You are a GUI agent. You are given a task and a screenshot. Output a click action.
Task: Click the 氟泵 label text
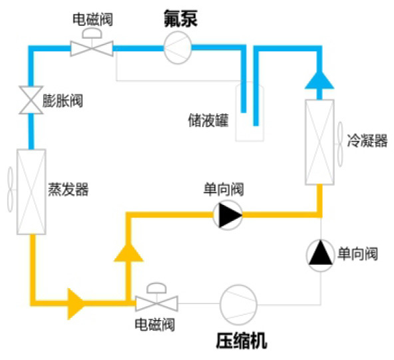pos(180,19)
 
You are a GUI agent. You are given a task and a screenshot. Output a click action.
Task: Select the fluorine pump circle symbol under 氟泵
pos(178,47)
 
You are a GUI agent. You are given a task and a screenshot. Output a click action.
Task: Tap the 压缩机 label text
pos(242,341)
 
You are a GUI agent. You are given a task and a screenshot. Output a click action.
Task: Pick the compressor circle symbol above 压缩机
pos(238,305)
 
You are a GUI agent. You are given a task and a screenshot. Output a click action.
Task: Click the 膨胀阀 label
pos(63,100)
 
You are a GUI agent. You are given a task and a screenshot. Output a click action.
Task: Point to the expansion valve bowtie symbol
pos(31,100)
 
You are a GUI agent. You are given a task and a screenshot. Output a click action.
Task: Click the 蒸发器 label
pos(68,190)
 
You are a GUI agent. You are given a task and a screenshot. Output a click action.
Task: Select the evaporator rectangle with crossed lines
pos(31,192)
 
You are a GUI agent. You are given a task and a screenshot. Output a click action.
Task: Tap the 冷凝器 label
pos(367,140)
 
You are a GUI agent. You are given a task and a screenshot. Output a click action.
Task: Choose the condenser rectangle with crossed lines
pos(319,142)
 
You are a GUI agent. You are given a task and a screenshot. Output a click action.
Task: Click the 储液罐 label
pos(208,120)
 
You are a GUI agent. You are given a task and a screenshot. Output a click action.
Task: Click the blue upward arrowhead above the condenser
pos(319,80)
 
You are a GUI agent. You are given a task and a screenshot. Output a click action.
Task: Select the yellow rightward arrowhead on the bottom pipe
pos(76,304)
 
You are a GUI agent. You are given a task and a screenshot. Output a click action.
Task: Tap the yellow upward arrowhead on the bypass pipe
pos(128,252)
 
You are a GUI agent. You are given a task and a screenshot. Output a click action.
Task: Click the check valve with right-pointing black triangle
pos(228,215)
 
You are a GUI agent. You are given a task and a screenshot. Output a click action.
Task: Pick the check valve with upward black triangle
pos(320,256)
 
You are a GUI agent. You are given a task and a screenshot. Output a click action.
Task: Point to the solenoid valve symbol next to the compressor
pos(157,299)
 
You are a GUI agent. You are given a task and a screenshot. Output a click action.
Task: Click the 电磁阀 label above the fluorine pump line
pos(93,19)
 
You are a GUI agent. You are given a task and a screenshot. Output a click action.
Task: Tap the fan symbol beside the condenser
pos(340,144)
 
